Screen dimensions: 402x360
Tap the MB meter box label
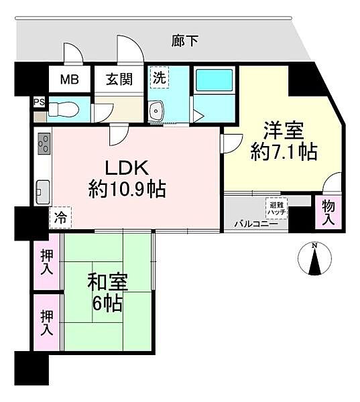point(70,79)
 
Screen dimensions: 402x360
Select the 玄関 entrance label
point(119,79)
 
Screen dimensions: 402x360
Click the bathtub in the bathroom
point(214,80)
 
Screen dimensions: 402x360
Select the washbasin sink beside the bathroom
point(158,111)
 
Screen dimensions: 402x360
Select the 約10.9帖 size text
point(127,189)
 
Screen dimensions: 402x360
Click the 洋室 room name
point(281,128)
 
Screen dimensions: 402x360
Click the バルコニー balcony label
point(251,223)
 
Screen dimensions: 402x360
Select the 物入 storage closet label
point(328,211)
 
